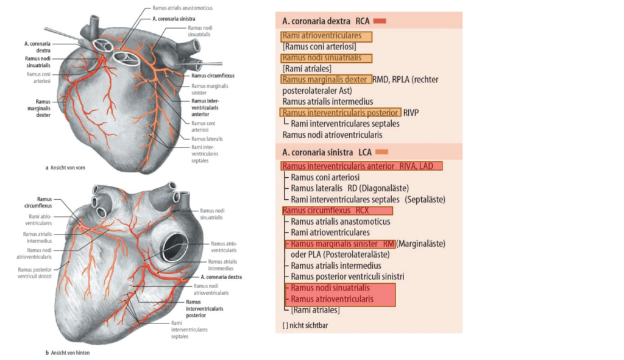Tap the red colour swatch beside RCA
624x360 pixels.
click(x=379, y=21)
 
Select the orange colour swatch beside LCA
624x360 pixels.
click(x=381, y=152)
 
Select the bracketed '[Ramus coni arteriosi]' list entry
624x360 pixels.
click(x=319, y=47)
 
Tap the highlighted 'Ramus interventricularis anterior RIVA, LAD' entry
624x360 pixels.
click(x=361, y=166)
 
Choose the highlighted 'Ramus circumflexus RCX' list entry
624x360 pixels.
click(x=337, y=211)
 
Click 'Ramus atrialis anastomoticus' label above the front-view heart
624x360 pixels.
click(x=182, y=9)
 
